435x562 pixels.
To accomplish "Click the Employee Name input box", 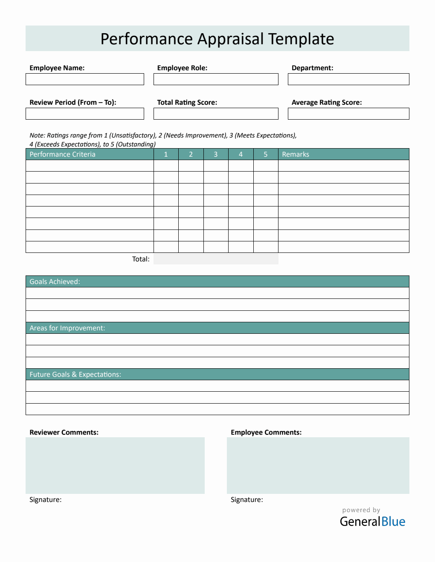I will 85,79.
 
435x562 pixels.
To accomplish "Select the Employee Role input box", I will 216,79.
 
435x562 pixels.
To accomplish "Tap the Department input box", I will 348,79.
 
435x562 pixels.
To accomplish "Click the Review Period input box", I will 85,114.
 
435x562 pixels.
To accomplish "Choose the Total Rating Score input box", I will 216,114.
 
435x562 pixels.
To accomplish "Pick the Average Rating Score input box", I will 348,114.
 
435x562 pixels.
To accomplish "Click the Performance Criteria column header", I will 63,154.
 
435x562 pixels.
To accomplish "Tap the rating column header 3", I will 216,154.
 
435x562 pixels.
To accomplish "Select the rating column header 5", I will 266,154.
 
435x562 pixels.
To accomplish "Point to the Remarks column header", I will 296,154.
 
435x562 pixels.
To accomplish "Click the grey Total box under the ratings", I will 216,259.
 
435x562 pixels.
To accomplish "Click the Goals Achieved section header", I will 55,281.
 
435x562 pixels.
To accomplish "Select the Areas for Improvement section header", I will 67,328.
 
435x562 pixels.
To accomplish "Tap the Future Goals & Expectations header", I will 75,374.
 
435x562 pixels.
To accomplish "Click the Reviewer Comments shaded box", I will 115,465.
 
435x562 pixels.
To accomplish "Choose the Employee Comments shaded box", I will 318,465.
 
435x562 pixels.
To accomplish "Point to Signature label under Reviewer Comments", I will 46,499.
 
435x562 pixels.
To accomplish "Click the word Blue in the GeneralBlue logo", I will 393,522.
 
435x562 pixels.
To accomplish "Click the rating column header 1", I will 166,154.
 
